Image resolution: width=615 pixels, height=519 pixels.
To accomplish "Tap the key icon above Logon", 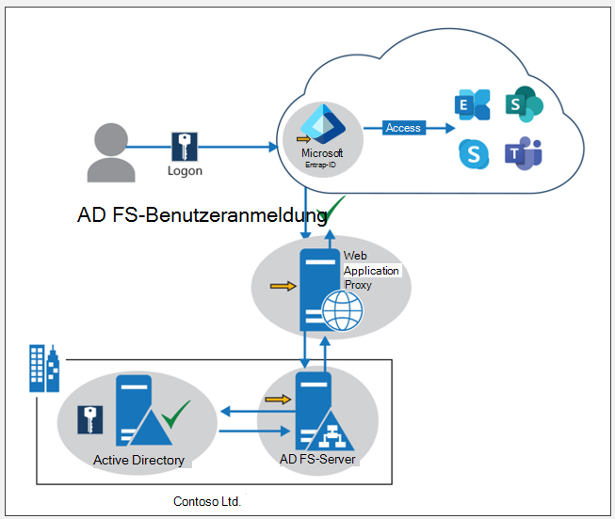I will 185,148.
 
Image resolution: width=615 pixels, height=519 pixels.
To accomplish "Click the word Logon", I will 185,172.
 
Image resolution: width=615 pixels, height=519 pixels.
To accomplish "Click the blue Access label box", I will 403,128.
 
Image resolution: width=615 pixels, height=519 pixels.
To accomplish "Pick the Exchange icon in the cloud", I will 472,104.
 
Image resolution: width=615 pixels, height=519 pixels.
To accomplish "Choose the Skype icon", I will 474,153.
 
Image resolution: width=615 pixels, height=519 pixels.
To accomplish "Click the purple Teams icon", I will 523,152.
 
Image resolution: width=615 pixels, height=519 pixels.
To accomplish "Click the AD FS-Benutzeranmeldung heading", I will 202,215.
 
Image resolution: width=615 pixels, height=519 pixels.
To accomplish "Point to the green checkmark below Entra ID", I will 333,210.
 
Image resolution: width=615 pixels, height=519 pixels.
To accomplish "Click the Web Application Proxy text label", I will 371,271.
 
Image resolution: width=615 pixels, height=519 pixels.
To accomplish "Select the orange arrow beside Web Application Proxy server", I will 282,285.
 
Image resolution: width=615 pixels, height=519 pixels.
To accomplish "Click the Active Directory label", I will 138,461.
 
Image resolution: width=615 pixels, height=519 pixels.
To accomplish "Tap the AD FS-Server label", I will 317,460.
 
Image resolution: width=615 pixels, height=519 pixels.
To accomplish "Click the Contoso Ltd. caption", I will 207,501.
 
